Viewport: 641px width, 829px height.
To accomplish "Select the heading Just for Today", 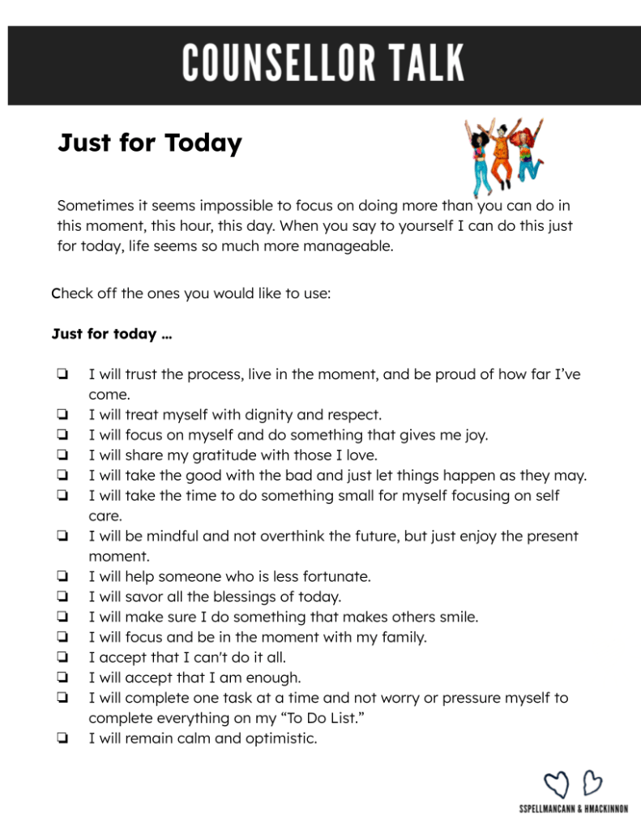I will (x=150, y=143).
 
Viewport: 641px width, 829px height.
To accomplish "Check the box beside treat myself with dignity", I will (x=62, y=415).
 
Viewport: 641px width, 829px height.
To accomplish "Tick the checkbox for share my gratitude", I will (x=62, y=455).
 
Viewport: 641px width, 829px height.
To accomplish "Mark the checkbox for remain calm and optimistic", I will (x=62, y=738).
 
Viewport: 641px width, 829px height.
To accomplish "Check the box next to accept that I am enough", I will (x=62, y=677).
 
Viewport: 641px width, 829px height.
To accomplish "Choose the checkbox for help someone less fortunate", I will (x=62, y=577).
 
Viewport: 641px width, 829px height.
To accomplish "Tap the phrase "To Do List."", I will (x=344, y=718).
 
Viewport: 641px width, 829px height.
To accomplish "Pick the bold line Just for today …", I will (x=111, y=334).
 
